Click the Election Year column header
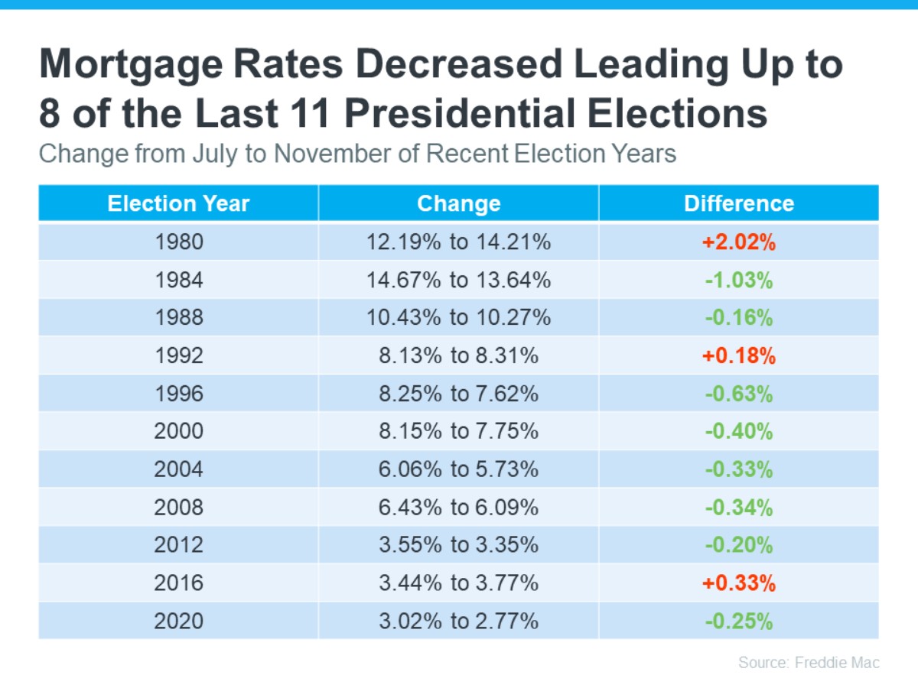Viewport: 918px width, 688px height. [178, 203]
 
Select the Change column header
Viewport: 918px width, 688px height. [458, 203]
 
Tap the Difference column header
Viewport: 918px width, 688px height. [738, 203]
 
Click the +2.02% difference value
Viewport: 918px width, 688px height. [738, 242]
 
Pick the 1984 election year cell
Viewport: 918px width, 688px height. [178, 280]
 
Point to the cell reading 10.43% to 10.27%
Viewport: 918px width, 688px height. [458, 318]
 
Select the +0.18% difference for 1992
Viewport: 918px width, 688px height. [738, 356]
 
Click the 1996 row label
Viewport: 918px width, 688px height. [178, 394]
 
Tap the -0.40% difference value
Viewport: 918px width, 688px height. [738, 432]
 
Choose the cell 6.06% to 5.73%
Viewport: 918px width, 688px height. [458, 469]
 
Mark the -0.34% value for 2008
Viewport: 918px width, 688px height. [738, 508]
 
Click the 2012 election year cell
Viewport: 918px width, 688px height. [178, 545]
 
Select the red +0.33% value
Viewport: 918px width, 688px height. [738, 583]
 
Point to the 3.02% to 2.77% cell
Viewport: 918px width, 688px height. [458, 621]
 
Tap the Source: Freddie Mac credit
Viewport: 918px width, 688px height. [809, 662]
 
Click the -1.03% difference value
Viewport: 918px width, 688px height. [738, 280]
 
